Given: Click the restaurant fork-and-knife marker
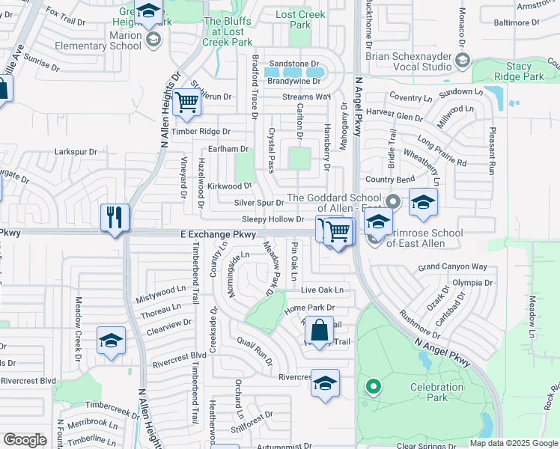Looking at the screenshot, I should coord(115,218).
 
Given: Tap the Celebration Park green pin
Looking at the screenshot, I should coord(373,387).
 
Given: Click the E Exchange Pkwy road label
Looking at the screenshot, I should coord(219,235).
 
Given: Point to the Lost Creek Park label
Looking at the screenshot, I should coord(300,19).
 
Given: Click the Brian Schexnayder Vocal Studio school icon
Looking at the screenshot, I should coord(463,60).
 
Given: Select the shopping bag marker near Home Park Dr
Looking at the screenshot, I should coord(319,330).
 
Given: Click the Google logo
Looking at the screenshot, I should coord(25,440).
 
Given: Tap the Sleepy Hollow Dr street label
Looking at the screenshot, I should coord(273,219).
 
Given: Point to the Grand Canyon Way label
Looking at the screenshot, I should coord(452,266).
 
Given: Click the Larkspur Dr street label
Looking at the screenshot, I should coord(76,152).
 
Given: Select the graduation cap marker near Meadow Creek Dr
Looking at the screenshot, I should coord(111,340).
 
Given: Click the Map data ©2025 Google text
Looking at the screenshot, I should coord(513,443).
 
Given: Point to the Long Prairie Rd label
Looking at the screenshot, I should coord(442,151).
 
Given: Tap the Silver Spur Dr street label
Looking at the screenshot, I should coord(259,203).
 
